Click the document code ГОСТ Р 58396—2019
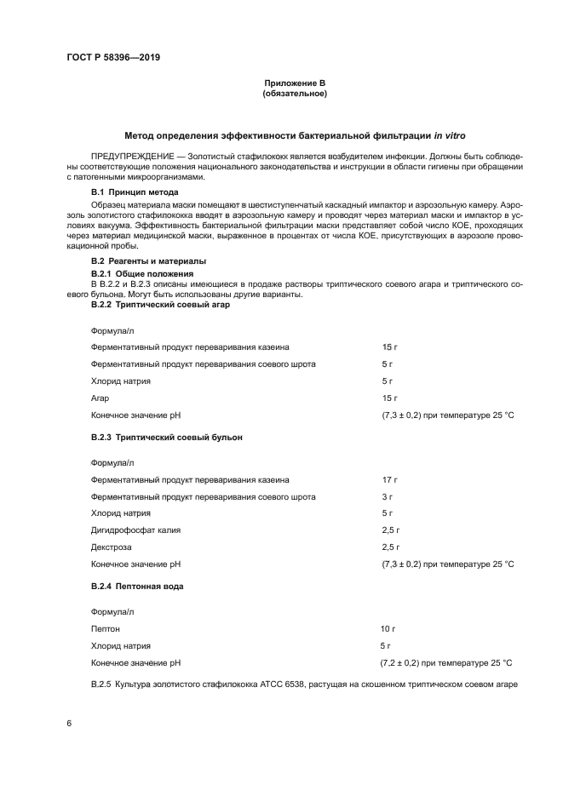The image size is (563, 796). pyautogui.click(x=112, y=57)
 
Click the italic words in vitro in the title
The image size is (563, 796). pyautogui.click(x=451, y=135)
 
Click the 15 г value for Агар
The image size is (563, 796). pyautogui.click(x=390, y=398)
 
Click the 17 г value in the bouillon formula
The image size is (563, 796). pyautogui.click(x=390, y=479)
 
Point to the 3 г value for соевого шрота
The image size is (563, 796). pyautogui.click(x=388, y=495)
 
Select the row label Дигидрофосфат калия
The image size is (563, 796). pyautogui.click(x=135, y=530)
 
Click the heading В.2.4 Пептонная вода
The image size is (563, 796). pyautogui.click(x=137, y=587)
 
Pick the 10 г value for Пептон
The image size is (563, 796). pyautogui.click(x=388, y=628)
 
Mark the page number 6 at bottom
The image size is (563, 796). pyautogui.click(x=69, y=722)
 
